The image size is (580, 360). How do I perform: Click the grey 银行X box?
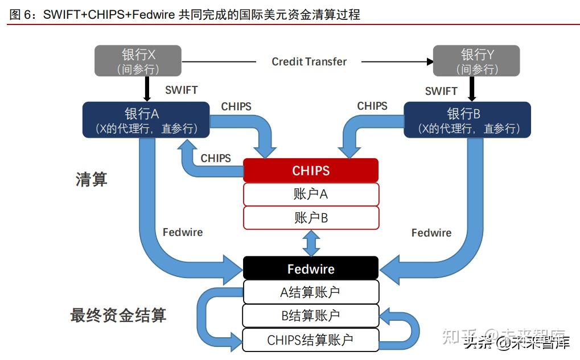pos(138,61)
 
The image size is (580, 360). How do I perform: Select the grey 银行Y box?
pos(476,61)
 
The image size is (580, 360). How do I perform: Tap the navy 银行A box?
pos(146,120)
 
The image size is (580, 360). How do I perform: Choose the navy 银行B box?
pos(467,120)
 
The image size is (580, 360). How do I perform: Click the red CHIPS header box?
pos(311,171)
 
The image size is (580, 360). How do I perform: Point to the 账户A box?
pos(311,194)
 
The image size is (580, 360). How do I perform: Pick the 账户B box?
pos(311,218)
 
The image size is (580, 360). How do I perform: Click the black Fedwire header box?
pos(311,268)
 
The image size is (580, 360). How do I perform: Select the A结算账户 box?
pos(311,292)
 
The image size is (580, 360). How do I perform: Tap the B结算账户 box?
pos(311,316)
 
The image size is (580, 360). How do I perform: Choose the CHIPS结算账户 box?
pos(311,340)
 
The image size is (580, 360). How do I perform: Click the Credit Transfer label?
pos(309,61)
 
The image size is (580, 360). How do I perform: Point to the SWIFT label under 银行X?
pos(181,90)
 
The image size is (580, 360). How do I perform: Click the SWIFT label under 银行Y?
pos(441,91)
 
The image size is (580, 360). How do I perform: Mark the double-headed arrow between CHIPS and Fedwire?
pos(311,243)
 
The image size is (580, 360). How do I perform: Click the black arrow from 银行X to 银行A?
pos(147,89)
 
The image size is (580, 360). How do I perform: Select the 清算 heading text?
pos(92,179)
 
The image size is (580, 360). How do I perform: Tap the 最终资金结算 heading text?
pos(118,315)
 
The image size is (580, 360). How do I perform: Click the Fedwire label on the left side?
pos(183,232)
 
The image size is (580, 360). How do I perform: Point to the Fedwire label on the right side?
pos(431,233)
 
